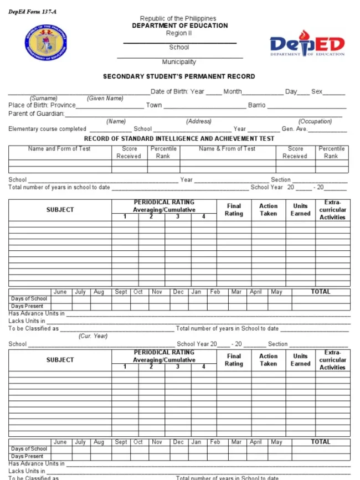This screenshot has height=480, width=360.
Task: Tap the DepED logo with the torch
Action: pyautogui.click(x=307, y=43)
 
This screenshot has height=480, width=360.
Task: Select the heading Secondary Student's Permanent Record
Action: pyautogui.click(x=179, y=76)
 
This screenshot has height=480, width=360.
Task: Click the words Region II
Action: pyautogui.click(x=179, y=33)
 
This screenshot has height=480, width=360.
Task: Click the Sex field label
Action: pyautogui.click(x=317, y=91)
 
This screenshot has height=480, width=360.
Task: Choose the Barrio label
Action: pyautogui.click(x=256, y=105)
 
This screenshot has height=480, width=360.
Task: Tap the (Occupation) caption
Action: pyautogui.click(x=315, y=121)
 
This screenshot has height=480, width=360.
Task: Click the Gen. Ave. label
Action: pyautogui.click(x=295, y=129)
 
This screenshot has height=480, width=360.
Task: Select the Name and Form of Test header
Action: pyautogui.click(x=59, y=149)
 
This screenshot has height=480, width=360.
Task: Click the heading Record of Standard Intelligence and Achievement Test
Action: pyautogui.click(x=179, y=139)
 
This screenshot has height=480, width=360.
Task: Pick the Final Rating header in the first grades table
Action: pyautogui.click(x=234, y=209)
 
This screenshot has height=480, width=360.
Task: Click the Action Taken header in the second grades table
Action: pyautogui.click(x=268, y=360)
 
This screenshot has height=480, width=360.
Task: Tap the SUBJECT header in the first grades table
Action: pyautogui.click(x=60, y=210)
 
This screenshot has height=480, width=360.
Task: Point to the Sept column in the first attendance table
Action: pyautogui.click(x=121, y=292)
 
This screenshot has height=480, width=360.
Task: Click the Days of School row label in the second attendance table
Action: pyautogui.click(x=29, y=449)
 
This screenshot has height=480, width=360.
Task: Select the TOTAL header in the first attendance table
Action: pyautogui.click(x=320, y=292)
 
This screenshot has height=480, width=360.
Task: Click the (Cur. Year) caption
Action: pyautogui.click(x=93, y=336)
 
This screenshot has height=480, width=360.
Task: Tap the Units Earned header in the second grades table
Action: pyautogui.click(x=300, y=360)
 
